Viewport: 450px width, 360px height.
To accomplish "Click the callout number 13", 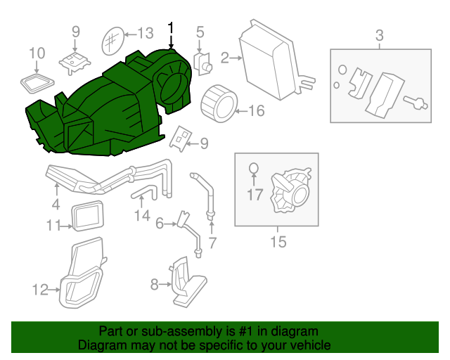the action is tap(146, 34).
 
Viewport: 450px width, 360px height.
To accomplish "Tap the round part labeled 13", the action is tap(113, 41).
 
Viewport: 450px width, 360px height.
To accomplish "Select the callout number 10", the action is tap(37, 53).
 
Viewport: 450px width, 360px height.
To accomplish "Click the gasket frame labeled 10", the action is tap(37, 83).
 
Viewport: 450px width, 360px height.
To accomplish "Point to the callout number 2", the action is tap(225, 58).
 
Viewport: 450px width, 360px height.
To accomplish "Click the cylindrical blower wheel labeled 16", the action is tap(219, 103).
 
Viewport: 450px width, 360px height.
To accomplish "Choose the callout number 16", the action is tap(256, 111).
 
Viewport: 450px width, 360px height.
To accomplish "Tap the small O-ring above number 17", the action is tap(254, 169).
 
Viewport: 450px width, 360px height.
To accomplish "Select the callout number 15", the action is tap(278, 241).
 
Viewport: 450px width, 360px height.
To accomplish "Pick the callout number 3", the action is tap(380, 36).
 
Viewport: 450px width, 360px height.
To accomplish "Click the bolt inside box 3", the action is tap(416, 103).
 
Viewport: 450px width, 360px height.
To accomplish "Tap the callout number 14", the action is tap(142, 215).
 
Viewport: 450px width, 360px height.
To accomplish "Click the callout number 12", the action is tap(40, 290).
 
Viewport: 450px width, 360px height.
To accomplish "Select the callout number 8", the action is tap(155, 285).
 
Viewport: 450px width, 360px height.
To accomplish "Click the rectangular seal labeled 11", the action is tap(87, 216).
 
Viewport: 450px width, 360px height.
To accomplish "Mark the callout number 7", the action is tap(212, 243).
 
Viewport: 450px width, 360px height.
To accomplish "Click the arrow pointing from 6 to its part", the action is tap(171, 224).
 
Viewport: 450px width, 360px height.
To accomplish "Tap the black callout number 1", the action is tap(171, 28).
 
